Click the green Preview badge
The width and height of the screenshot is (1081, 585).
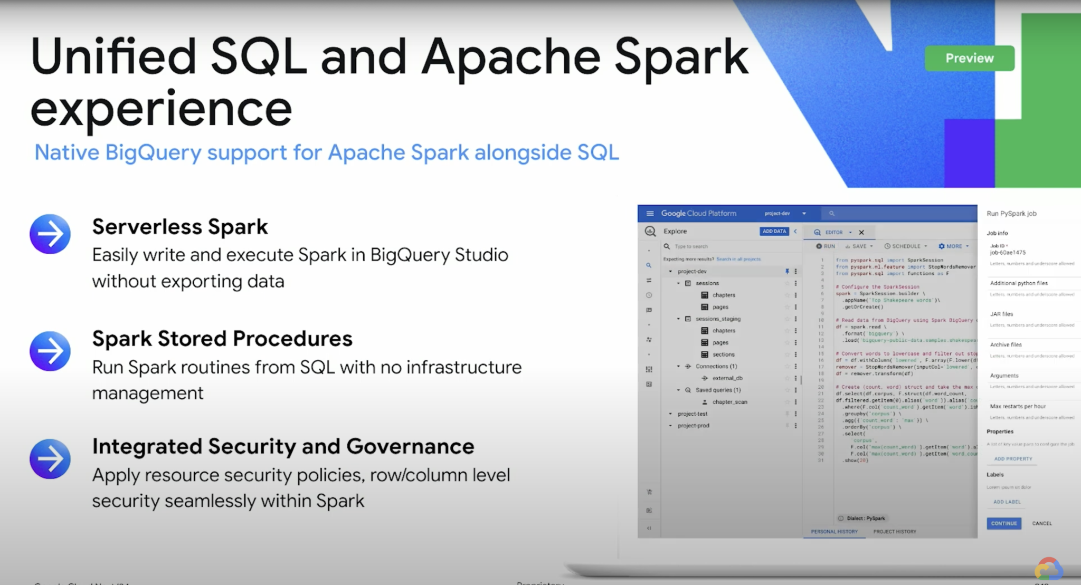(969, 58)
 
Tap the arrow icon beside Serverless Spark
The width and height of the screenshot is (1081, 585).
(50, 234)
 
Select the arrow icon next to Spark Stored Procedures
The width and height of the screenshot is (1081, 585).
(50, 351)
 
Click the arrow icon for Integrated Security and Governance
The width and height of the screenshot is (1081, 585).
(50, 459)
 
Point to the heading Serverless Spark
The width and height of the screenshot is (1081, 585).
(180, 227)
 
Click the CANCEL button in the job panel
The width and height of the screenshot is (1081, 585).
(1041, 523)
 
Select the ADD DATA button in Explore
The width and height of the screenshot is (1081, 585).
(774, 231)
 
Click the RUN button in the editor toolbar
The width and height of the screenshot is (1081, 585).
(826, 246)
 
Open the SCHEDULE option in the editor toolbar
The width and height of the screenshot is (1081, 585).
(906, 246)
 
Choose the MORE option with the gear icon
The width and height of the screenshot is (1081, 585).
(953, 246)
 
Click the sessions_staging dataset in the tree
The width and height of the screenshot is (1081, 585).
(718, 319)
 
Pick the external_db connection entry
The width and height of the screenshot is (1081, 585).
(727, 378)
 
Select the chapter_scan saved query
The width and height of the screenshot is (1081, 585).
(729, 402)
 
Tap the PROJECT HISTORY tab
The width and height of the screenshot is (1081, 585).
(894, 531)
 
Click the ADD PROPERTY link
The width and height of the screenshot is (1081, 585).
(1012, 459)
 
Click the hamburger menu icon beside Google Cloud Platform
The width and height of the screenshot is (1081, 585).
(650, 214)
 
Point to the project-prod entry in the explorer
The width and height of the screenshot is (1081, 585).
(693, 426)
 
